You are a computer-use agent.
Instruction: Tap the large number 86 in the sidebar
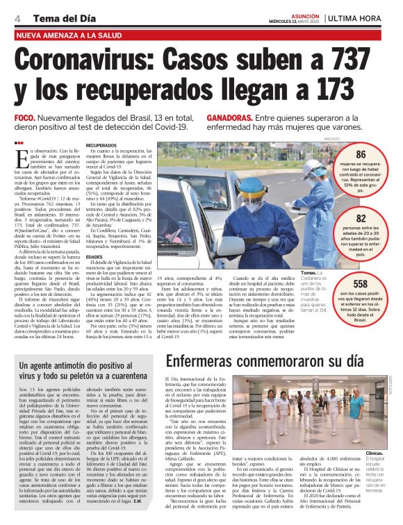click(x=361, y=155)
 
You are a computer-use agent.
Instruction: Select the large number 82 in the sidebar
click(x=361, y=218)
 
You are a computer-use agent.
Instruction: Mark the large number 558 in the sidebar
click(x=361, y=284)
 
